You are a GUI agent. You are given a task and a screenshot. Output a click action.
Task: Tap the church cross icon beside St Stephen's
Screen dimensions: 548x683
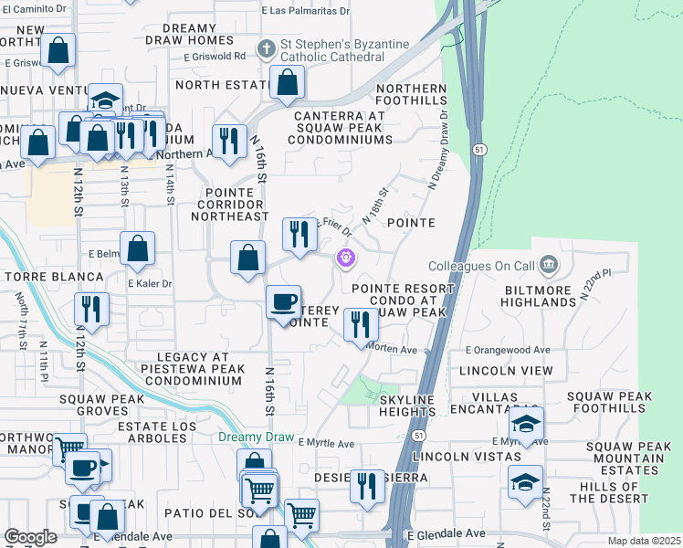coord(266,47)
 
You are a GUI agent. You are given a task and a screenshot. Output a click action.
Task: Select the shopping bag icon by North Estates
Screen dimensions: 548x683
coord(288,83)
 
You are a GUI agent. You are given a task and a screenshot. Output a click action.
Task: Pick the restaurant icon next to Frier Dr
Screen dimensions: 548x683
coord(299,235)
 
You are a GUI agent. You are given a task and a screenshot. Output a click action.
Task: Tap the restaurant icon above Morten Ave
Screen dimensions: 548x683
coord(361,324)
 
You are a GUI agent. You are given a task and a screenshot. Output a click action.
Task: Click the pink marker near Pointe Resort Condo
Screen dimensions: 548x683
coord(345,258)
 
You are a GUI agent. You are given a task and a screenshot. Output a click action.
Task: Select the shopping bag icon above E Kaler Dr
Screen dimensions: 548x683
coord(137,249)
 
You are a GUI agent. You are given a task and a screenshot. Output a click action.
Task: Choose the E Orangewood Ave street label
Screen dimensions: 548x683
coord(508,350)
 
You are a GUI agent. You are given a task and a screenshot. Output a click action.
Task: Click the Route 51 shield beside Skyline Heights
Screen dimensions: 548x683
coord(416,437)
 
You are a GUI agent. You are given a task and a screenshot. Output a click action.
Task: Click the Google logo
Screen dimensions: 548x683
coord(30,537)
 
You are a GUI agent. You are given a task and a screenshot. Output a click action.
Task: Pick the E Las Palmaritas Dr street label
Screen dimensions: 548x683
coord(305,12)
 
